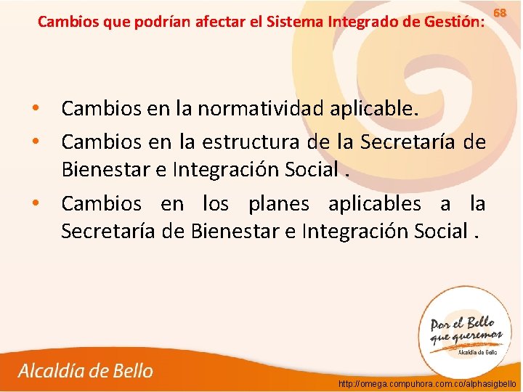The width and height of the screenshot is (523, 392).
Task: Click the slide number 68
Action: [500, 14]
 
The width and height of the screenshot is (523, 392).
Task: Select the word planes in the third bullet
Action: [279, 203]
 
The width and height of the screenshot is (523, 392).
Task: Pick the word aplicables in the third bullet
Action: [373, 203]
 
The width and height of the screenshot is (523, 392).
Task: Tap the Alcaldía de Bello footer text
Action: [86, 371]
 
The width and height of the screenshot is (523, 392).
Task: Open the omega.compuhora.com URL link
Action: [428, 383]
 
